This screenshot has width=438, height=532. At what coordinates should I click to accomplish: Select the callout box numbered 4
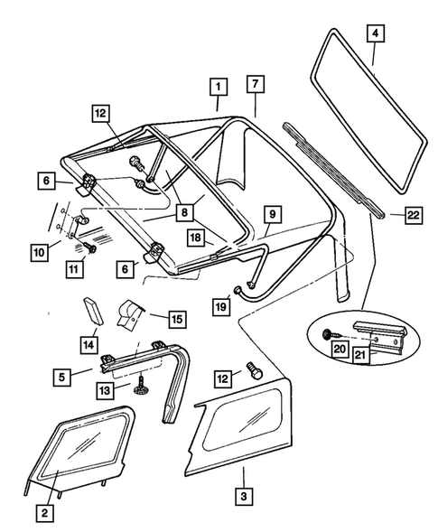[374, 34]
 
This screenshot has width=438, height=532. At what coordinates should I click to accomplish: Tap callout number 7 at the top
[256, 84]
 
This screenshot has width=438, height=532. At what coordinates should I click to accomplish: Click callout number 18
[195, 238]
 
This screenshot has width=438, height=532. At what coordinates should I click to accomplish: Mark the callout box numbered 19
[219, 307]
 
